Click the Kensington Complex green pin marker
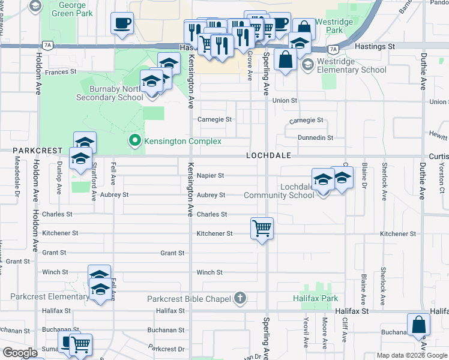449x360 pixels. click(135, 141)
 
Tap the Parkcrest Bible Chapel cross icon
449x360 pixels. click(240, 298)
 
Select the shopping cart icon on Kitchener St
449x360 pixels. click(262, 229)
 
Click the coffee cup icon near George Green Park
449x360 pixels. click(122, 23)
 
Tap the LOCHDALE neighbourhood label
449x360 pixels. click(268, 155)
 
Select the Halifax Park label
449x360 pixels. click(315, 298)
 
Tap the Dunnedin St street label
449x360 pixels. click(315, 138)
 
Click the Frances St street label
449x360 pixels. click(61, 72)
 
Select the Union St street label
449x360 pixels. click(285, 101)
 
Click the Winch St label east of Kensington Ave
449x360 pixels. click(209, 272)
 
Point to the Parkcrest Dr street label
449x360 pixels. click(167, 349)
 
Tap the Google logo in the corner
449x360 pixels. click(20, 353)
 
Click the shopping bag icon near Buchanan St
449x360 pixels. click(418, 324)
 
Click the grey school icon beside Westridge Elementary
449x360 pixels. click(308, 65)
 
